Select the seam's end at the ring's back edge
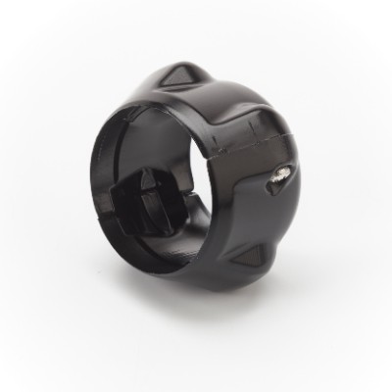(300, 137)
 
